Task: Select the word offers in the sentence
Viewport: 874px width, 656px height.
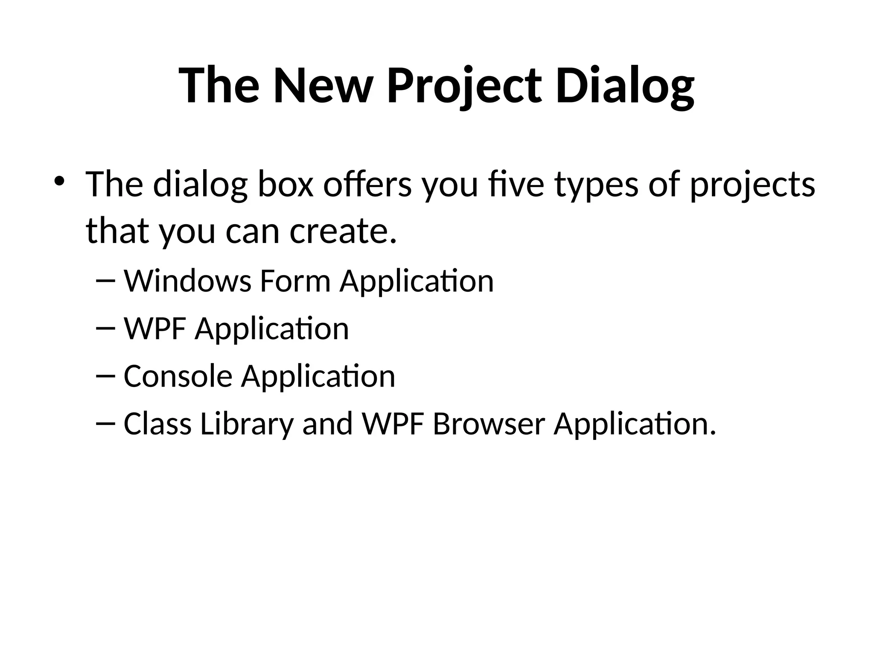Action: point(367,184)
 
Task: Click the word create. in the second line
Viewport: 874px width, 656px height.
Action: point(343,231)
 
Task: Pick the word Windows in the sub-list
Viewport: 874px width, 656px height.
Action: point(187,281)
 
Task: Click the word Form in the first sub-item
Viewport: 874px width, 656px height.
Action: point(295,281)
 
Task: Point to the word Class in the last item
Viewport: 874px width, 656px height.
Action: point(157,424)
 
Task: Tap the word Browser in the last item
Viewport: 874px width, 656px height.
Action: point(489,424)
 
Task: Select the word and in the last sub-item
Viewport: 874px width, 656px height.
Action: point(327,424)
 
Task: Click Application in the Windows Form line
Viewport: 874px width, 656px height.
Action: point(417,282)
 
